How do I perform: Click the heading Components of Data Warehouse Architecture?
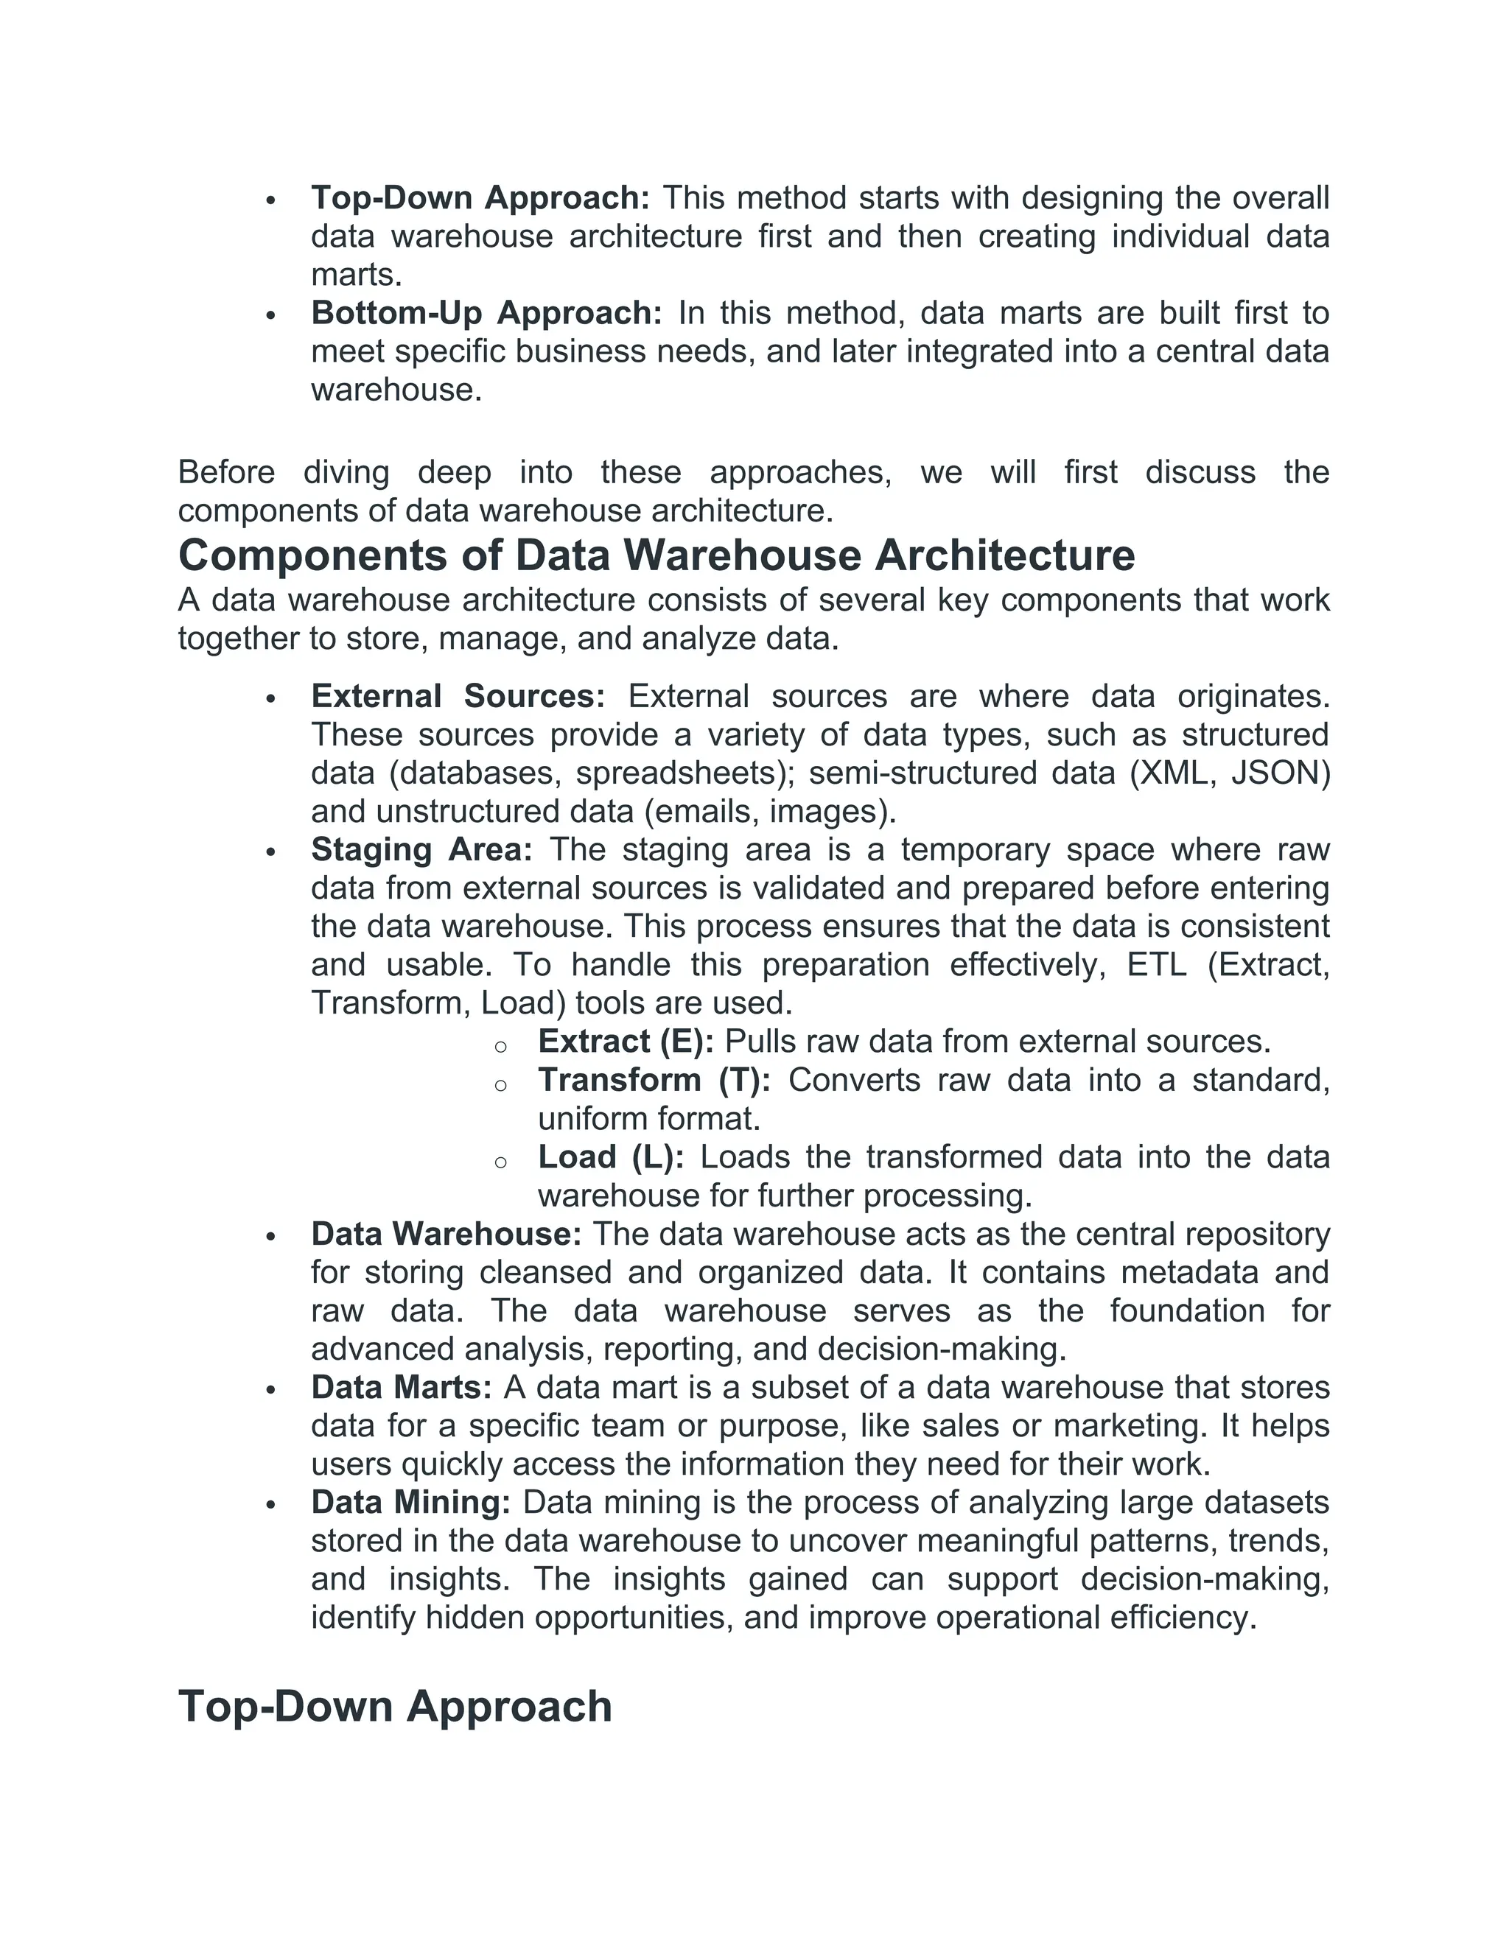click(x=657, y=555)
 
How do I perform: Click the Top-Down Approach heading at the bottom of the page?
click(x=394, y=1706)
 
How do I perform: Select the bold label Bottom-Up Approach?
click(x=486, y=313)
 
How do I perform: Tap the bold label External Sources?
click(x=458, y=696)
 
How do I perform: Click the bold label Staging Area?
click(x=421, y=849)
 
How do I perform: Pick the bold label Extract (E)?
click(x=625, y=1042)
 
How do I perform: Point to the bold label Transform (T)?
click(x=654, y=1080)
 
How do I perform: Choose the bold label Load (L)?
click(x=611, y=1156)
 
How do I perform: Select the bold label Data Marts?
click(x=402, y=1387)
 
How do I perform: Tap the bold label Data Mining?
click(x=410, y=1503)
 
